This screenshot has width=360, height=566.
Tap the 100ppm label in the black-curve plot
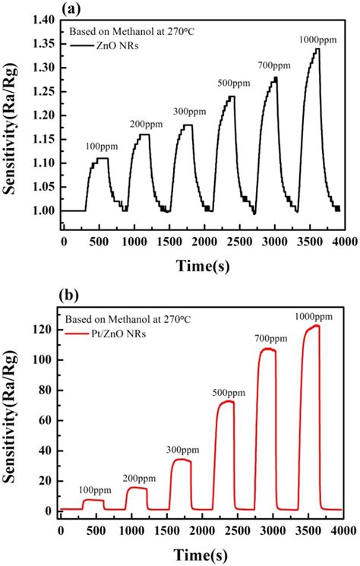[99, 145]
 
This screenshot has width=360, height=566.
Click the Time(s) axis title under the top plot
[201, 262]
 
